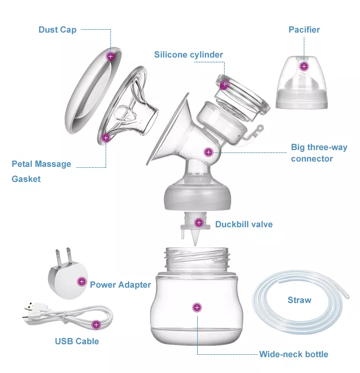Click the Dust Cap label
click(58, 30)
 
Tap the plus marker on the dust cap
click(110, 57)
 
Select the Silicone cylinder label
click(189, 55)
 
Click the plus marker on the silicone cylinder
click(225, 84)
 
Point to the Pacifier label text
click(304, 30)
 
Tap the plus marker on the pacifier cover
click(304, 66)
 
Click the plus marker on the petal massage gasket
click(106, 138)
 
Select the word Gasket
click(26, 179)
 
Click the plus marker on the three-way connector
click(209, 152)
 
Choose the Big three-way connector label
click(319, 153)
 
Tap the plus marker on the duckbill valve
click(199, 222)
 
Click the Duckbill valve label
click(244, 224)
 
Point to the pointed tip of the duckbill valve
click(195, 245)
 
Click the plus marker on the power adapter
click(82, 281)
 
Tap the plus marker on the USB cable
click(96, 325)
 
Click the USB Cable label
click(77, 341)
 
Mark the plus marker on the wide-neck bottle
click(197, 308)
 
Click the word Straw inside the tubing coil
click(300, 300)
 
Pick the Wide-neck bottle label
click(294, 354)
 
